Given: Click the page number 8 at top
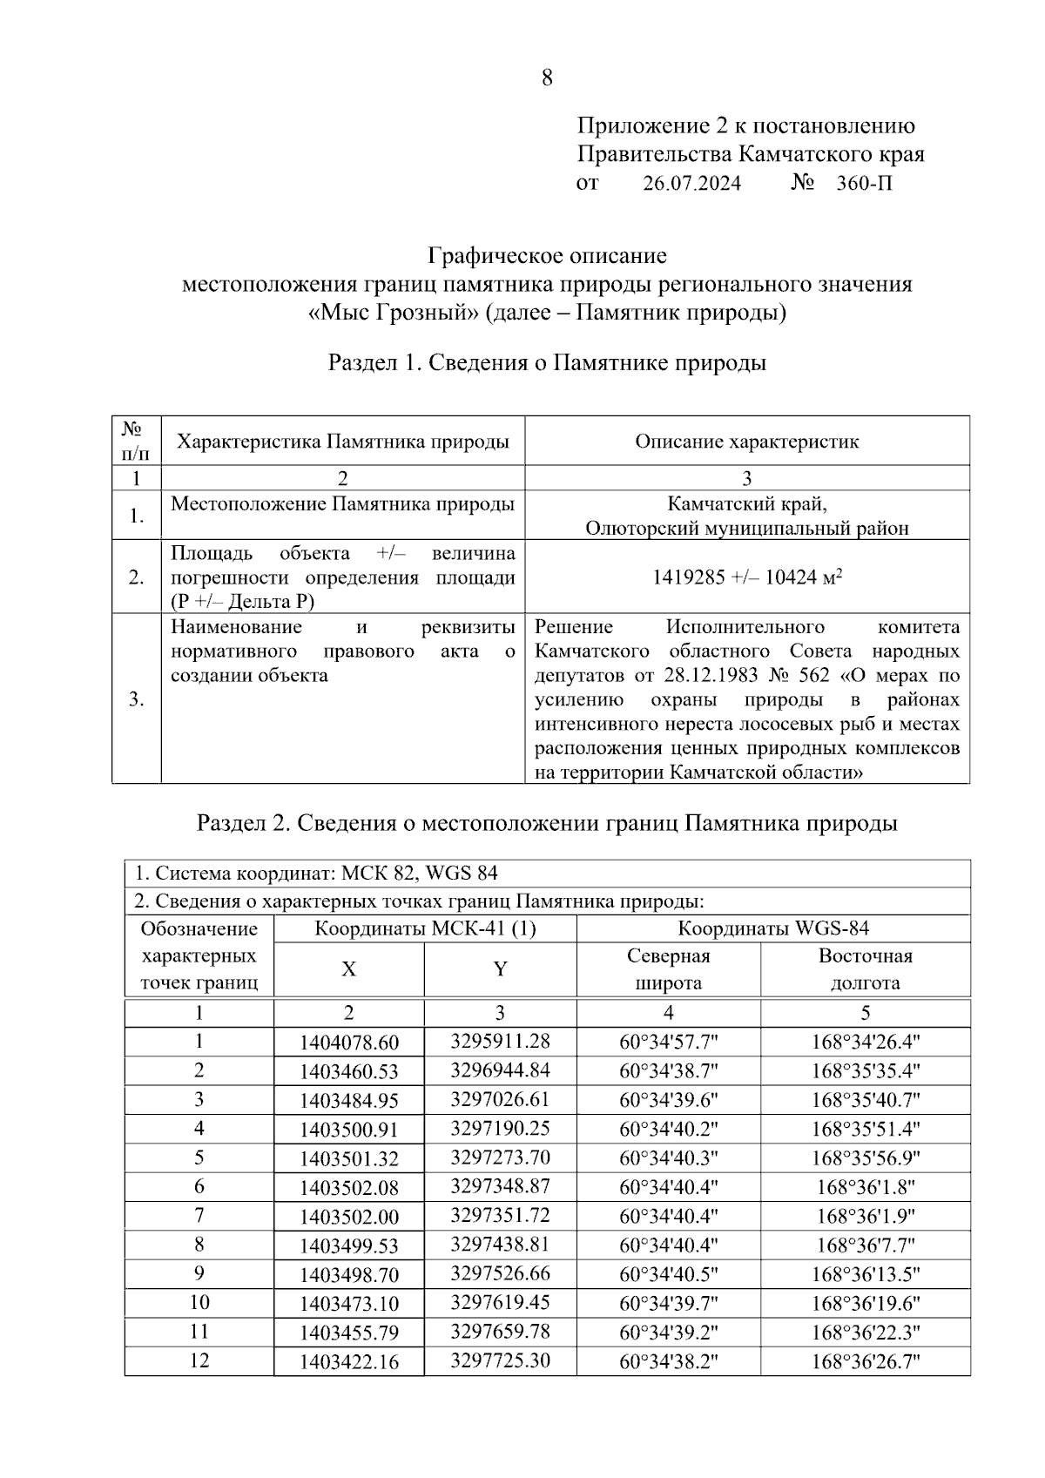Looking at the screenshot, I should click(547, 78).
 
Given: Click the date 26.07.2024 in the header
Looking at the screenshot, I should click(692, 184).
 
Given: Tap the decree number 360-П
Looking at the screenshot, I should click(864, 184).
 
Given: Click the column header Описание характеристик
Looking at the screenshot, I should click(746, 442).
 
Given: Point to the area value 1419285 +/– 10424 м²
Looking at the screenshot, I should click(746, 577).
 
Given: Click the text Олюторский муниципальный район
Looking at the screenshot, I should click(746, 528).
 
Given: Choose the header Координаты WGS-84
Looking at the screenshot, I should click(773, 928).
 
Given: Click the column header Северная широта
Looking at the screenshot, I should click(668, 969).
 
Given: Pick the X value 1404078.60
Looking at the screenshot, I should click(348, 1043).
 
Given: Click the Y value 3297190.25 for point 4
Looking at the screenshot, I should click(500, 1129).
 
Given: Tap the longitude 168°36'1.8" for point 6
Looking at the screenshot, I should click(866, 1187).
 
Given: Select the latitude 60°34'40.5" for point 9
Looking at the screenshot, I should click(668, 1274).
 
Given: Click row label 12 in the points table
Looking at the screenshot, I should click(199, 1360).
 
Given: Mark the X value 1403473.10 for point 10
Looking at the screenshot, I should click(348, 1305).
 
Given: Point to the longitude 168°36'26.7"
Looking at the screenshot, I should click(866, 1362).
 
